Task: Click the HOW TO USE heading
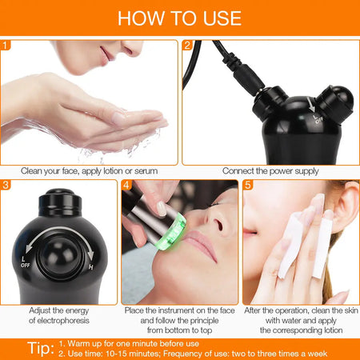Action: (x=180, y=18)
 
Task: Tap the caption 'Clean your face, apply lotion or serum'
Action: (x=90, y=171)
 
